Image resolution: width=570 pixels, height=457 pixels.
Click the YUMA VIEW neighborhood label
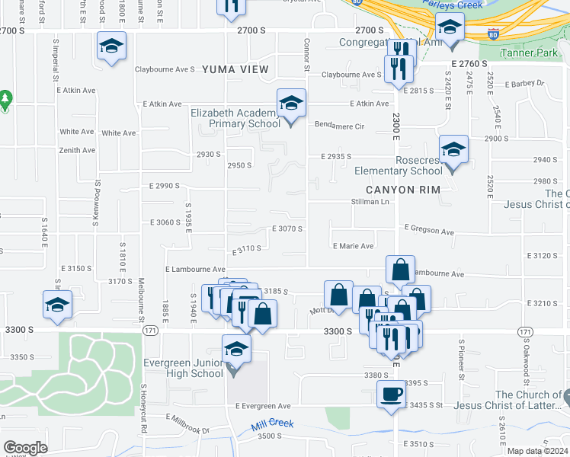coord(235,69)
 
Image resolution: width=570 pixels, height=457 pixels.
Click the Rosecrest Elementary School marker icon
coord(453,151)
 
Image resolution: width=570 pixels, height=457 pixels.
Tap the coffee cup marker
coord(392,395)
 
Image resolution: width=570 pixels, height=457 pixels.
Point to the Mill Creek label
coord(272,427)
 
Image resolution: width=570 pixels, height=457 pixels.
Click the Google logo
coord(25,447)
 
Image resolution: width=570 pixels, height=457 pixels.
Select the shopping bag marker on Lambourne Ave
coord(400,270)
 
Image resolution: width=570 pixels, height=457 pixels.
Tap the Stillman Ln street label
coord(370,202)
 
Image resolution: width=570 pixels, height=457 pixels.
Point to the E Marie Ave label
coord(353,246)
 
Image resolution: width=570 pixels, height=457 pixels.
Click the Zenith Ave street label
coord(78,150)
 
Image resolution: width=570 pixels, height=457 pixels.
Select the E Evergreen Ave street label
coord(263,406)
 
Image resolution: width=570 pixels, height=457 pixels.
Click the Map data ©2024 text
coord(538,451)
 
